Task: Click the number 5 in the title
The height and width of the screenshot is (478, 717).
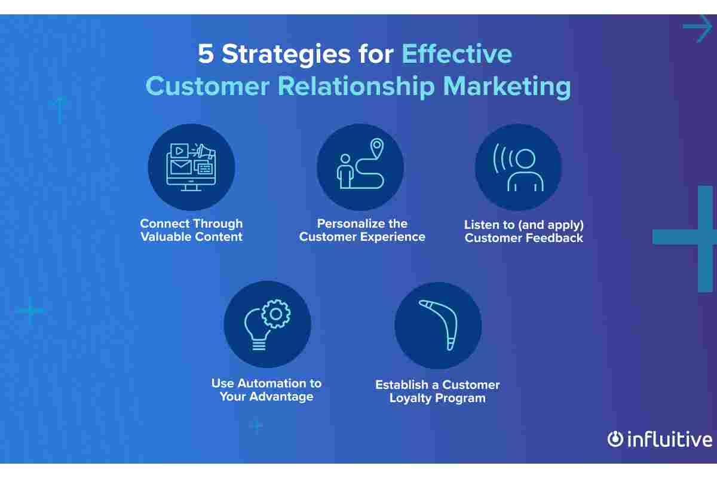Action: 206,53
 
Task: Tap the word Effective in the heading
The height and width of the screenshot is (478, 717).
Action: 456,53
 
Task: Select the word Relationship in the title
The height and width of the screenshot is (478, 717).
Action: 356,87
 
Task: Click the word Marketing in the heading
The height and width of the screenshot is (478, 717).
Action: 507,87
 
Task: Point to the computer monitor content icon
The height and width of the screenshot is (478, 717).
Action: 191,167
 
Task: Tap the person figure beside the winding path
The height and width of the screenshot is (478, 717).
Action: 345,171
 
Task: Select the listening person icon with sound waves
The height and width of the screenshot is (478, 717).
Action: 518,167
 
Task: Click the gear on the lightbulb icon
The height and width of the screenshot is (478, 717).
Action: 275,314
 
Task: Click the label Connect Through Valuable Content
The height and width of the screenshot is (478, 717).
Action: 191,230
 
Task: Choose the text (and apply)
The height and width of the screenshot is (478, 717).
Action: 550,225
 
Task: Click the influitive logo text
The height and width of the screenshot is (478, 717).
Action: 670,439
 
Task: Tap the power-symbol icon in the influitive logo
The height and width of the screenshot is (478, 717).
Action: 615,439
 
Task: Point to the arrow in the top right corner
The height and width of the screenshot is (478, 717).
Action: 698,27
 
